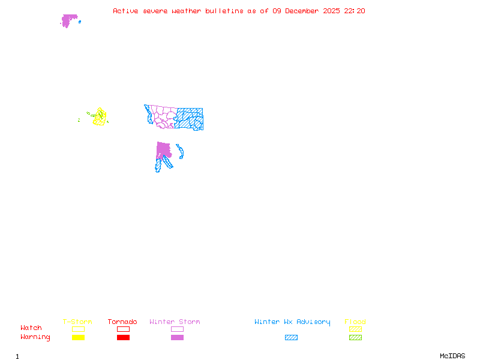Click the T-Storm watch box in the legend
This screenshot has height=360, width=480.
coord(78,329)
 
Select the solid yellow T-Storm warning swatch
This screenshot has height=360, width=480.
coord(78,337)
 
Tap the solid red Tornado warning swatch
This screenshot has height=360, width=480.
coord(123,337)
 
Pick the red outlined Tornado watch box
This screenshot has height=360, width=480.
coord(123,329)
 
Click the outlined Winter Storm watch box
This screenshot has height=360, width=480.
coord(177,329)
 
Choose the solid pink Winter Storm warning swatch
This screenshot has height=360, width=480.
coord(177,337)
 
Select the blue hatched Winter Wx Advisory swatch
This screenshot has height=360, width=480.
coord(291,337)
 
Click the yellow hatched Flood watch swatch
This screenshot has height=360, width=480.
coord(355,329)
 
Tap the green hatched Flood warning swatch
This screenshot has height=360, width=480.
coord(355,337)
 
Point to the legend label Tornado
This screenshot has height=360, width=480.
coord(122,322)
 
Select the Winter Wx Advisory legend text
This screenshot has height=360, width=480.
coord(292,322)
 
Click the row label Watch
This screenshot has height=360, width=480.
coord(31,328)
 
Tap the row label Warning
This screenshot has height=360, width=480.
coord(35,337)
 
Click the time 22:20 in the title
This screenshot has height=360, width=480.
coord(354,11)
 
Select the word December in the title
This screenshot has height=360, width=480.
coord(305,11)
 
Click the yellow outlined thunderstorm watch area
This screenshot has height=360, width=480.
coord(100,116)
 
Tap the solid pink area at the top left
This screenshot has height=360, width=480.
coord(68,20)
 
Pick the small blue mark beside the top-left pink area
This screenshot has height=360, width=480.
coord(80,22)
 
